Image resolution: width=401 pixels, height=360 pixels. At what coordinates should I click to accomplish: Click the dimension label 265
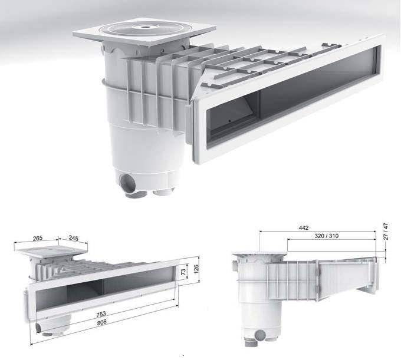tap(38, 239)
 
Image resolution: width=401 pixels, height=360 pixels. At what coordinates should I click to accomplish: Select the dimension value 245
tap(74, 239)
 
